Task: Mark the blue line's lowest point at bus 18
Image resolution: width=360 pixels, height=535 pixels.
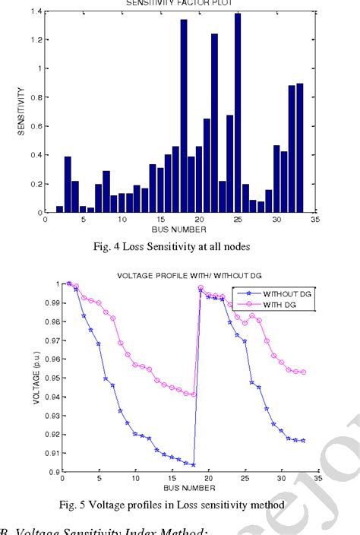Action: click(x=193, y=464)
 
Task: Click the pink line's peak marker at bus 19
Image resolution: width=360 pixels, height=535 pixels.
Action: click(x=201, y=288)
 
